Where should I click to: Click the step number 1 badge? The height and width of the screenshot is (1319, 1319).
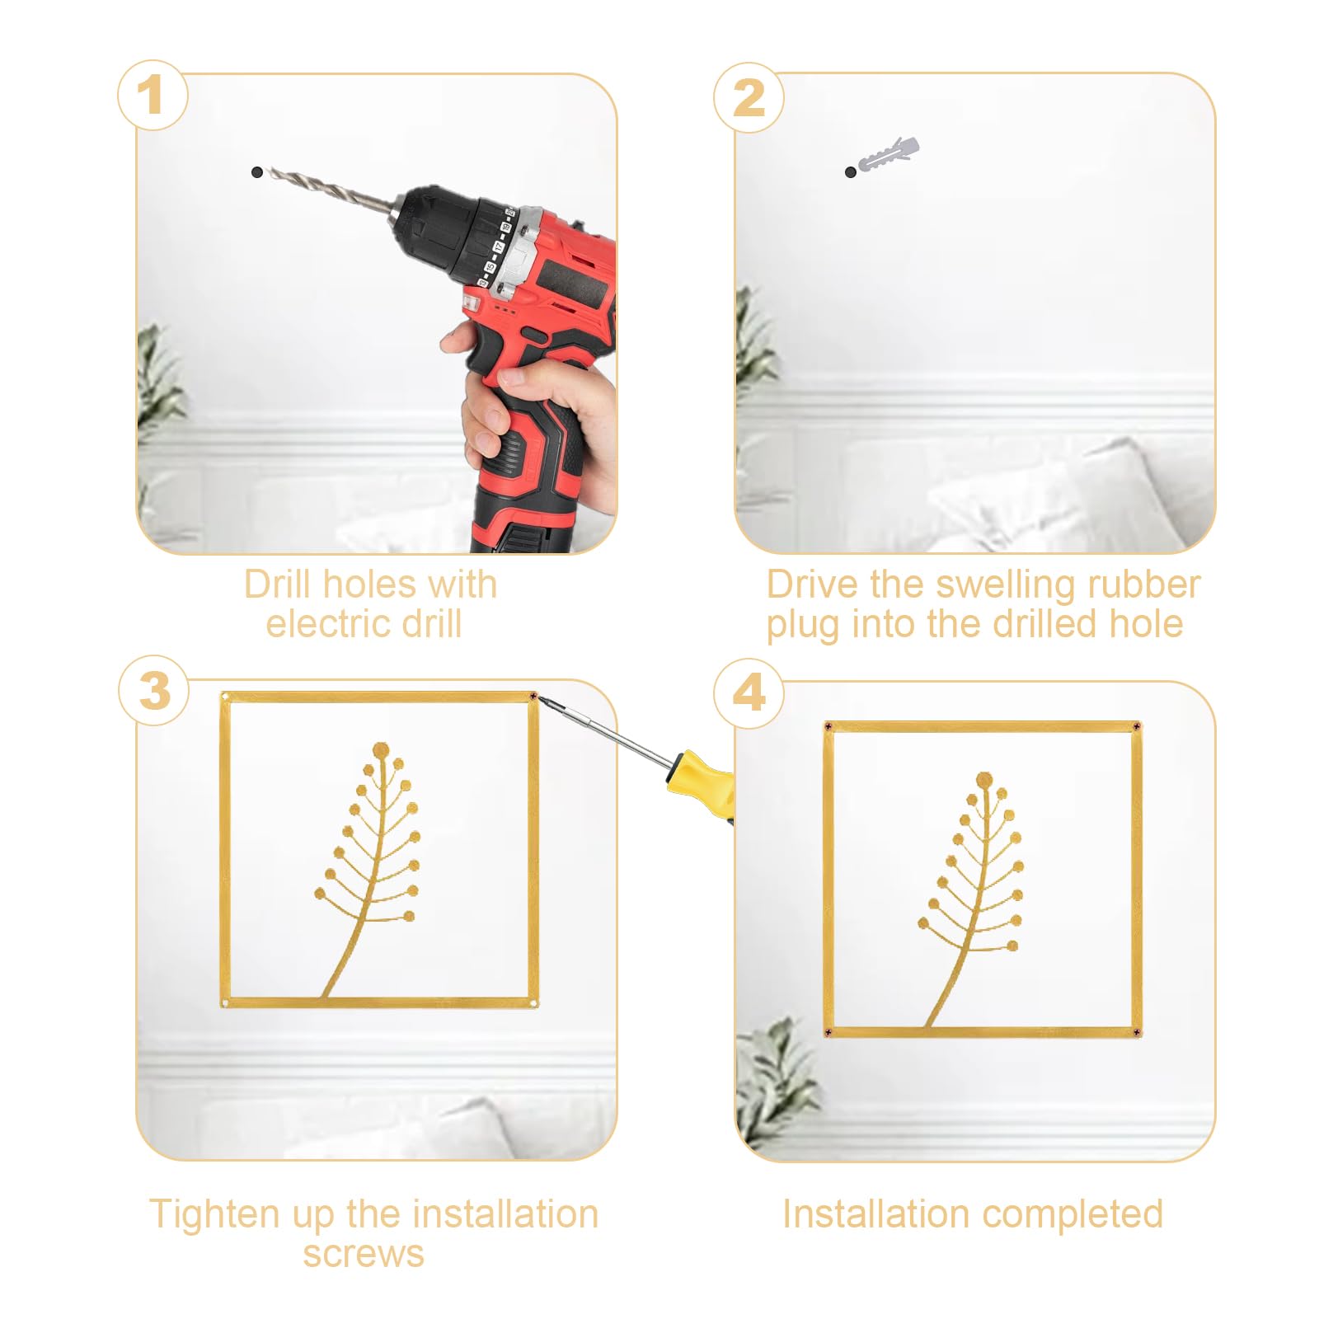(153, 96)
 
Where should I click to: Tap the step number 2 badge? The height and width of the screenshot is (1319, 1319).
(749, 97)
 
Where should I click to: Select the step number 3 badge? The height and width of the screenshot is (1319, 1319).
(154, 691)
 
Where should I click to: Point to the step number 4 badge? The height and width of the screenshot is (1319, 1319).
(749, 692)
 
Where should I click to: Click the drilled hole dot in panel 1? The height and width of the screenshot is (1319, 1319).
(257, 172)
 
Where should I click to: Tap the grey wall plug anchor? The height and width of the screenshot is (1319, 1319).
(889, 154)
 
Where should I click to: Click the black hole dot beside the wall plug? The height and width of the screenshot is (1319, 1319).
(851, 171)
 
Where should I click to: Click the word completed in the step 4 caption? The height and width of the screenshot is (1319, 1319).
(1073, 1215)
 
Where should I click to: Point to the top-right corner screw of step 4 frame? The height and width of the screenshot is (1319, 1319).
(1137, 727)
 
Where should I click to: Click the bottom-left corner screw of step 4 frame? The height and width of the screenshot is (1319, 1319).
(828, 1032)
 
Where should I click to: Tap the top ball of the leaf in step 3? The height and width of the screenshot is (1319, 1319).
(381, 750)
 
